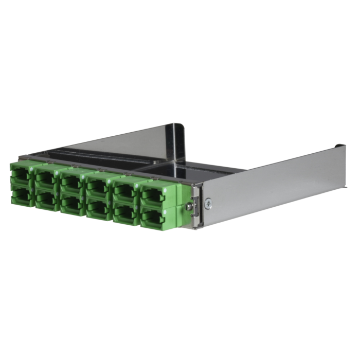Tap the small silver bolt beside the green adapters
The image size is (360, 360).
[x=190, y=205]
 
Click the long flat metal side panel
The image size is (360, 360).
[x=267, y=180]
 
